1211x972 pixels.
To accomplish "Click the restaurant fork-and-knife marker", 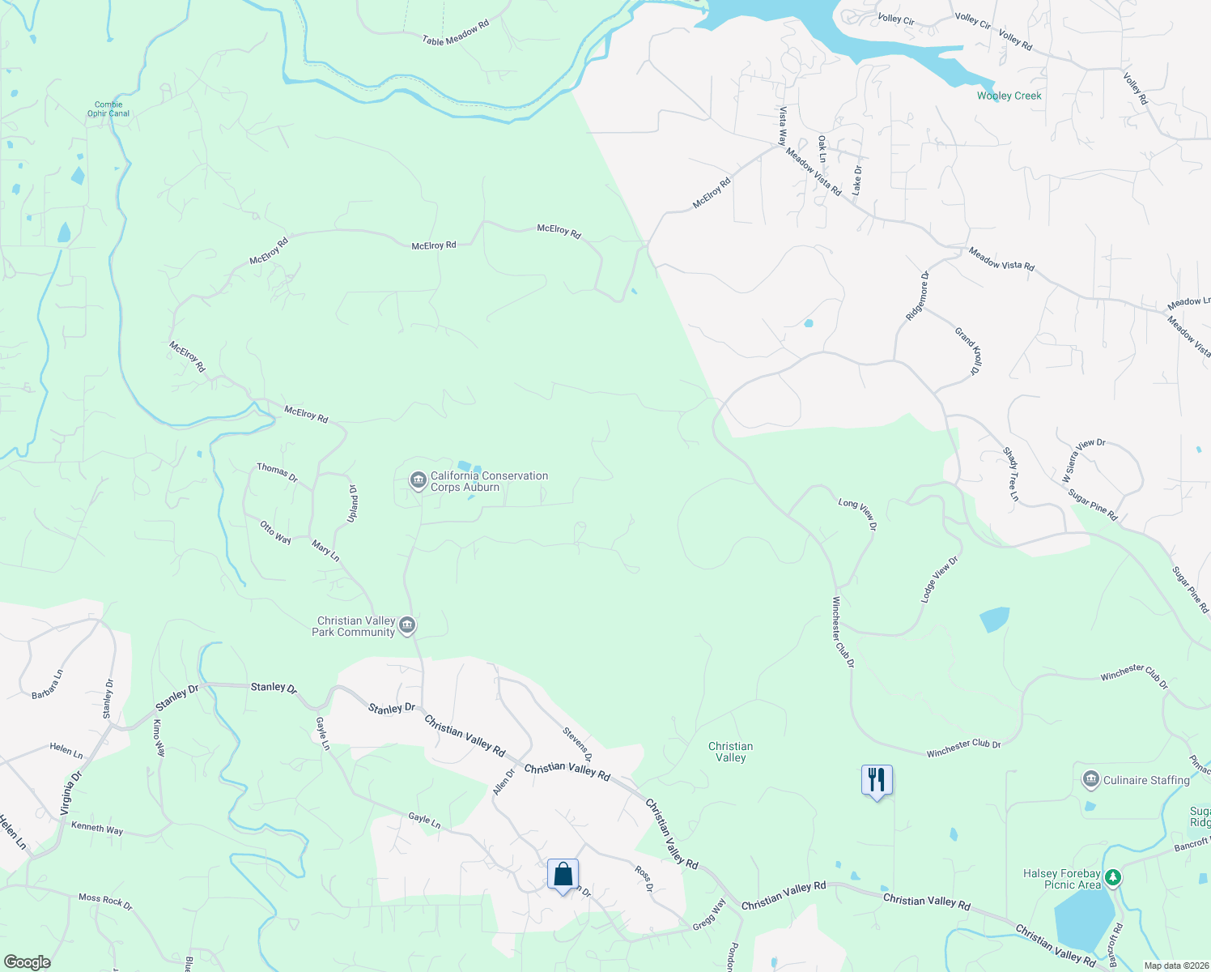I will tap(877, 780).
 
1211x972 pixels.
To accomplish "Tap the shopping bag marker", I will tap(563, 875).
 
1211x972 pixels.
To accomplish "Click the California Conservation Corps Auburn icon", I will tap(418, 481).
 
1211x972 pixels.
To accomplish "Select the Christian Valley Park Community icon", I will tap(408, 625).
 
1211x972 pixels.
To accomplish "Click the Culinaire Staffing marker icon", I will tap(1090, 780).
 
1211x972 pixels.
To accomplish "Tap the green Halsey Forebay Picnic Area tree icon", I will tap(1113, 877).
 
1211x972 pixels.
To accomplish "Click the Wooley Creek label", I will tap(1009, 96).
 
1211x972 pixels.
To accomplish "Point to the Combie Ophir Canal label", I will tap(108, 109).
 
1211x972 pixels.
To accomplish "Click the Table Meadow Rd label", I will tap(456, 33).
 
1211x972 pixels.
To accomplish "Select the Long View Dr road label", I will tap(858, 514).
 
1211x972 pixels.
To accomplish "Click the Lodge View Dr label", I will tap(940, 579).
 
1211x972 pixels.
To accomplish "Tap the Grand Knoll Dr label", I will tap(968, 351).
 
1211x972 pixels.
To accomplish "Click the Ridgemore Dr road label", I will tap(918, 296).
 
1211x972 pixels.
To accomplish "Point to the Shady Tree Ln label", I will tap(1011, 474).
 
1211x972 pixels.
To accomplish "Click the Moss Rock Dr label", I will tap(105, 901).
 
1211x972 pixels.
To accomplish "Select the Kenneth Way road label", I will tap(97, 829).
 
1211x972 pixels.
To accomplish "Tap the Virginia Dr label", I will tap(71, 793).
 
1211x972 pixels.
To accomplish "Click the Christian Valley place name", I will tap(730, 752).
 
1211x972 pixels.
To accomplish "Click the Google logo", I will tap(27, 961).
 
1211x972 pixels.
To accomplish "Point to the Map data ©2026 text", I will tap(1175, 966).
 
